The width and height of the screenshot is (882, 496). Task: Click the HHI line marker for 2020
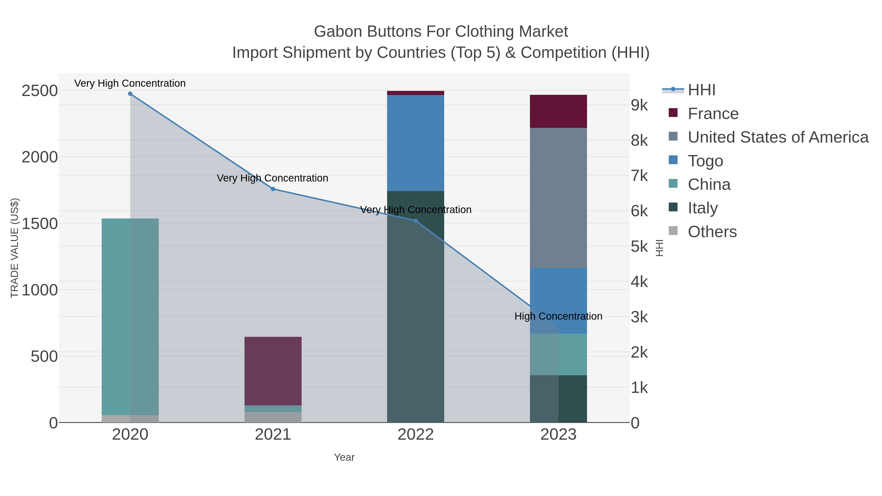click(130, 94)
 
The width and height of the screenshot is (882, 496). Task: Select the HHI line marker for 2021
click(273, 189)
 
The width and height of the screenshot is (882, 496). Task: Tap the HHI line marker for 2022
click(416, 221)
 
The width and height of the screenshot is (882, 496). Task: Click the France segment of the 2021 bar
click(273, 371)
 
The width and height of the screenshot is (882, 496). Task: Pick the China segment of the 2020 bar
click(130, 317)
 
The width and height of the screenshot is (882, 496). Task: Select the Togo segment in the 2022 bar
click(416, 143)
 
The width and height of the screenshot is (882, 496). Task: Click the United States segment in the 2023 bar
click(558, 198)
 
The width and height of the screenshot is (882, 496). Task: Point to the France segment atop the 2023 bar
click(558, 111)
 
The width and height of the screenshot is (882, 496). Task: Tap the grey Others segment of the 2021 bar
click(273, 417)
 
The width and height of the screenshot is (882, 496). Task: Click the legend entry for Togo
click(705, 161)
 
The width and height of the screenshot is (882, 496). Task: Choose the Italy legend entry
click(703, 208)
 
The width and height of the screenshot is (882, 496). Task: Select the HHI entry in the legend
click(701, 90)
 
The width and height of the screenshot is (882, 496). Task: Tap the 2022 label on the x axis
click(416, 435)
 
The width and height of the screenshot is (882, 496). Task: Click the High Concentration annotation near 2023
click(558, 316)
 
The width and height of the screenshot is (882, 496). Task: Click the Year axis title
click(344, 457)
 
